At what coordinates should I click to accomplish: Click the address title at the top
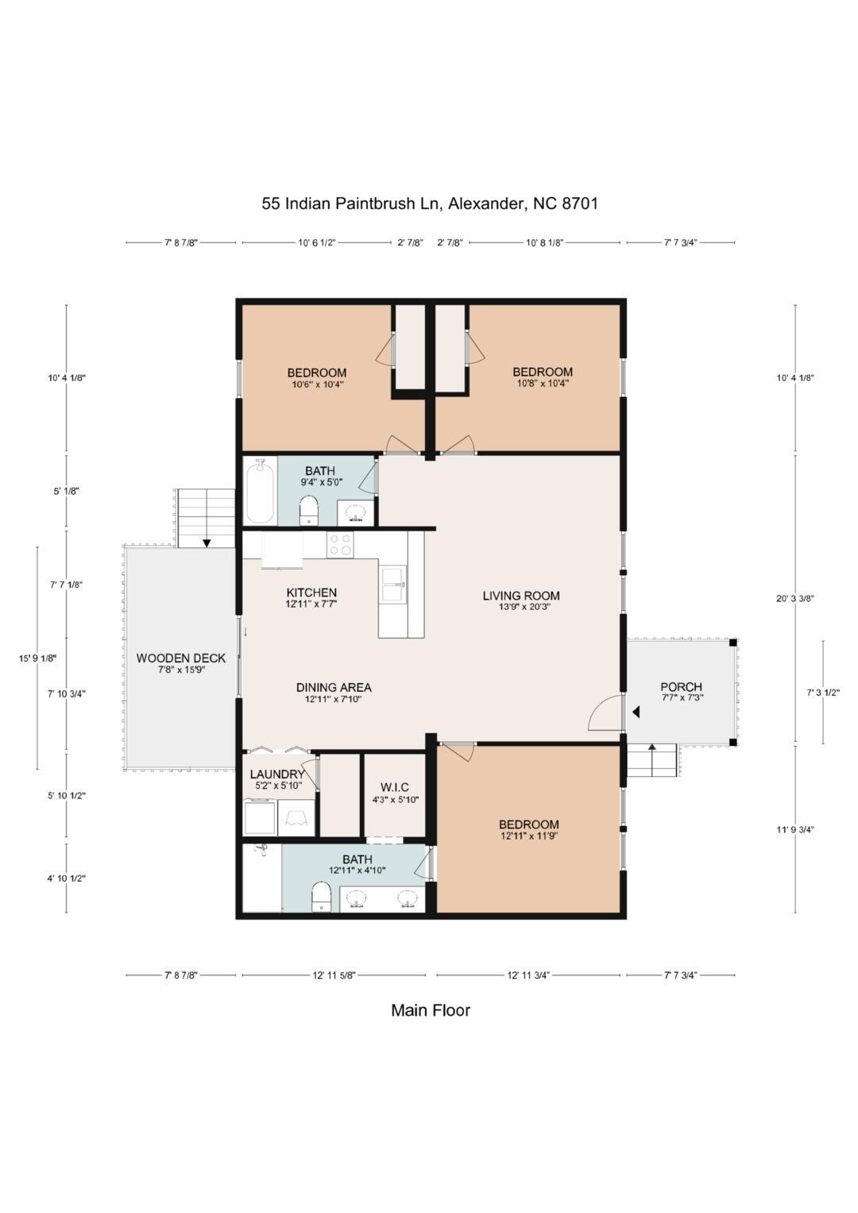(430, 203)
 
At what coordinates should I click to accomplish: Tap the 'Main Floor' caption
(430, 1010)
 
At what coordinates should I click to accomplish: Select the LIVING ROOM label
(521, 596)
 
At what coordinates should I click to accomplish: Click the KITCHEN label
(311, 593)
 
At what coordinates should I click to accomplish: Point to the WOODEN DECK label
(181, 659)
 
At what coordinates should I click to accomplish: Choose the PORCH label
(681, 687)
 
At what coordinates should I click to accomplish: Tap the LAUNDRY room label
(276, 775)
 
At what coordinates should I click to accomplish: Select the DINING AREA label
(334, 688)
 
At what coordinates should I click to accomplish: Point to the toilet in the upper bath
(309, 510)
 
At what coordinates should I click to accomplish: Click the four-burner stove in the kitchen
(341, 545)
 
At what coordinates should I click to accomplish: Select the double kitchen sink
(393, 584)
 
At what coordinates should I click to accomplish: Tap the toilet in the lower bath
(321, 898)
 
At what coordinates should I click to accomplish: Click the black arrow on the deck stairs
(207, 543)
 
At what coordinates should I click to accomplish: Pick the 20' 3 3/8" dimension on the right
(795, 599)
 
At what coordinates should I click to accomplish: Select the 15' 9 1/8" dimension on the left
(37, 658)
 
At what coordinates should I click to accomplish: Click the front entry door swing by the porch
(605, 713)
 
